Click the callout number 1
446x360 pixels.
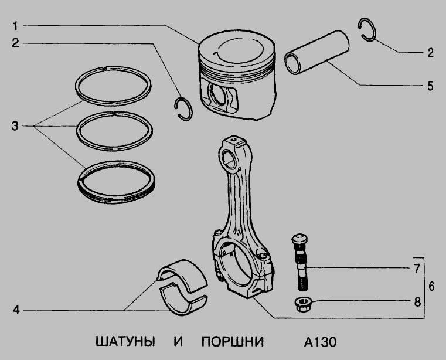[15, 26]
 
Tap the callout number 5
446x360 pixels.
[430, 86]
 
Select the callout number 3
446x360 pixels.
[15, 126]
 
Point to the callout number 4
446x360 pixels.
[16, 310]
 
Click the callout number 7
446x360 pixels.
[417, 269]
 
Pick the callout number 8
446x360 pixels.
[417, 302]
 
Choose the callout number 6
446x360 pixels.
[431, 286]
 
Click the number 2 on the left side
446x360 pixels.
[15, 43]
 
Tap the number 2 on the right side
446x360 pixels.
[430, 53]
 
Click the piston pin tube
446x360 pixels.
[317, 52]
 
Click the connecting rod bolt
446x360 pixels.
[301, 262]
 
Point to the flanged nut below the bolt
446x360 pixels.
[303, 304]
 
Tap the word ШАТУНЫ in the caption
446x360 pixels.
[125, 342]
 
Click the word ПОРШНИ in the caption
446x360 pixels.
[233, 342]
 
